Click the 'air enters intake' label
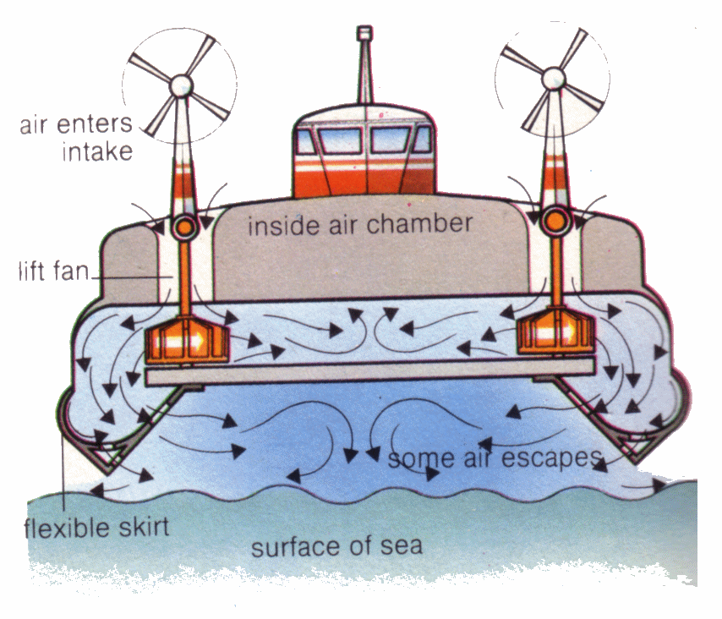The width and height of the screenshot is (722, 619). click(x=76, y=138)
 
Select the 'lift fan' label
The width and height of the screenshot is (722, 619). click(x=51, y=272)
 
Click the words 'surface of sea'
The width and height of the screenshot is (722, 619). click(x=336, y=546)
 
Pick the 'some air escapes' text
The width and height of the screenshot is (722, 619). click(x=494, y=460)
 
